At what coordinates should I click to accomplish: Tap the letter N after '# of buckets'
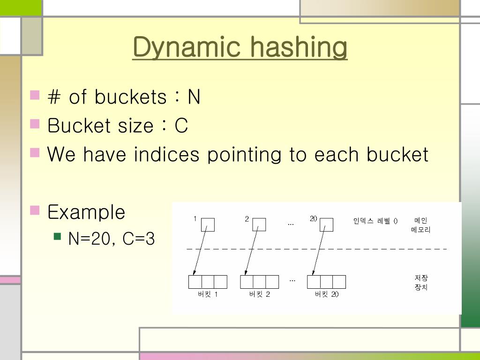click(194, 97)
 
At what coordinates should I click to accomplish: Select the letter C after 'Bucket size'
click(181, 126)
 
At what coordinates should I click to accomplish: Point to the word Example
click(86, 212)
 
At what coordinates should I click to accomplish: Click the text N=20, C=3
click(112, 239)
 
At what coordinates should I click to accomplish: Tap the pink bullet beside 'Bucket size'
click(35, 124)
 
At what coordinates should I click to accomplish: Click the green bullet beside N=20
click(58, 236)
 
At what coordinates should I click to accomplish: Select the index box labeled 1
click(208, 225)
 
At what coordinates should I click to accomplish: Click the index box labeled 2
click(259, 225)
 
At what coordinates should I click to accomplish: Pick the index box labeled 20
click(327, 225)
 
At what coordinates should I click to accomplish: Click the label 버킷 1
click(208, 294)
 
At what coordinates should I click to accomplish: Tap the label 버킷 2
click(260, 294)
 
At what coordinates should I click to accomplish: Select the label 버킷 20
click(327, 294)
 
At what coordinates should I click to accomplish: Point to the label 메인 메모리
click(420, 225)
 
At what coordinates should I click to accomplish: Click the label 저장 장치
click(421, 283)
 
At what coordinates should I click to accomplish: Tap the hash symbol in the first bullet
click(54, 97)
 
